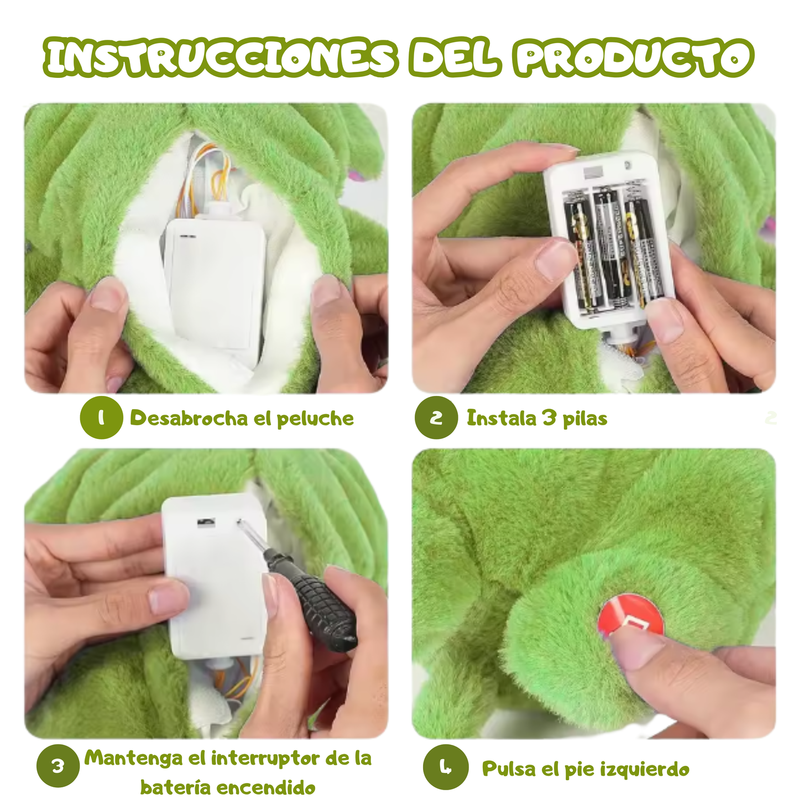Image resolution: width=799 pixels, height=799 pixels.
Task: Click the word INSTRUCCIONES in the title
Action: click(221, 58)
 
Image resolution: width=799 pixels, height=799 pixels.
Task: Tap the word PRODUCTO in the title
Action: click(634, 58)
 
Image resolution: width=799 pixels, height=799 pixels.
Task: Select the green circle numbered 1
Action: click(101, 417)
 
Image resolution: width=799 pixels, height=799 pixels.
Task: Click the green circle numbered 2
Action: click(436, 417)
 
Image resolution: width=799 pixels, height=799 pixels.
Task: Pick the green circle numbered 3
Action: click(58, 766)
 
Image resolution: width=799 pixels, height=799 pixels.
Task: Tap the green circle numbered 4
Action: click(445, 767)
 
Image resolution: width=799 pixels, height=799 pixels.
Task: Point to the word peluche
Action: click(315, 419)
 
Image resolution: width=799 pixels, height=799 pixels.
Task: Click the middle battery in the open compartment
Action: click(609, 249)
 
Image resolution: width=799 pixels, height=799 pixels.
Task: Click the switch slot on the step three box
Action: click(206, 521)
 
